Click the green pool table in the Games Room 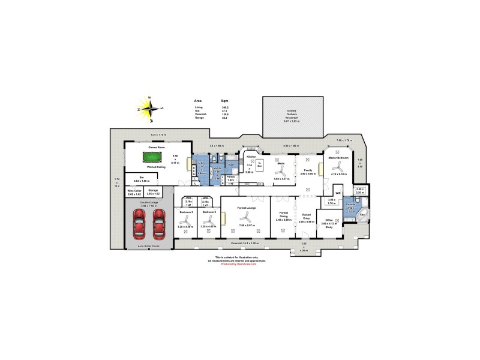click(x=152, y=157)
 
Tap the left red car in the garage click(x=140, y=227)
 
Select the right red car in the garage click(x=159, y=227)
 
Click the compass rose click(x=155, y=109)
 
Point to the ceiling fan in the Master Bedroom click(x=340, y=165)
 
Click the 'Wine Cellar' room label click(x=134, y=192)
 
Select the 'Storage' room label click(x=154, y=192)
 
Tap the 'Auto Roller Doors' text click(x=149, y=246)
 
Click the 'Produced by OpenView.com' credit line click(x=237, y=264)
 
